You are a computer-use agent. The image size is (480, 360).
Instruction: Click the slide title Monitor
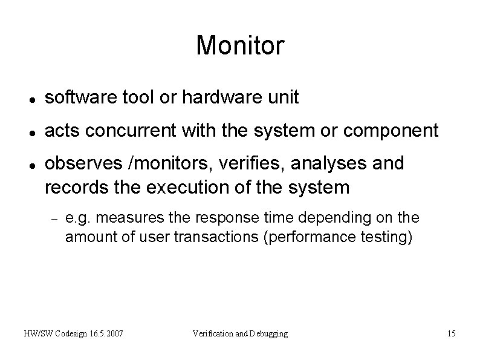pos(240,47)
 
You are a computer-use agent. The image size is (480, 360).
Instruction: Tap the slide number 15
pos(451,333)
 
